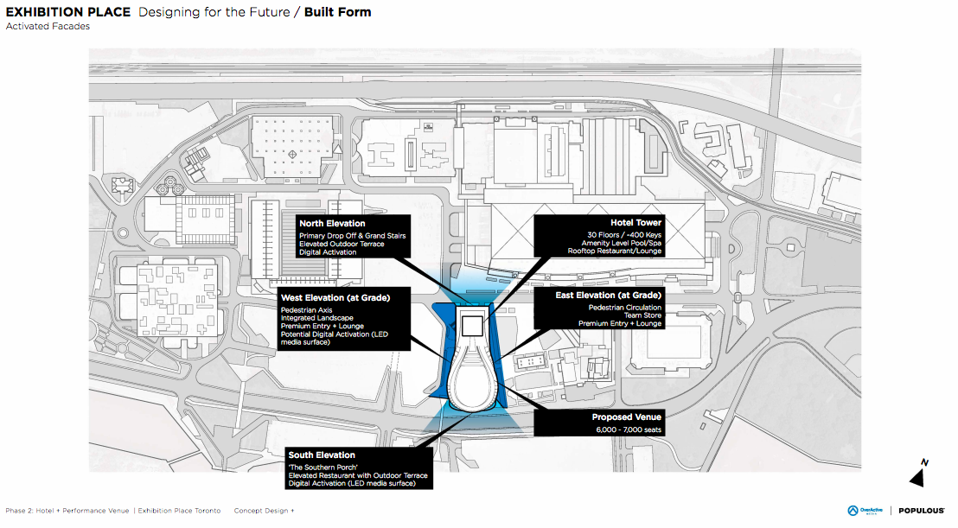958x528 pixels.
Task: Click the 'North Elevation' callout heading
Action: click(x=333, y=224)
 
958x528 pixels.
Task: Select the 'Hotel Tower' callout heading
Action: click(x=635, y=223)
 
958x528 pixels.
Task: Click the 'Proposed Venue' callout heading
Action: click(x=626, y=417)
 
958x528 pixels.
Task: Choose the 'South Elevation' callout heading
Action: click(x=323, y=455)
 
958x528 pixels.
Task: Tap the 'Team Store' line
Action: click(x=642, y=315)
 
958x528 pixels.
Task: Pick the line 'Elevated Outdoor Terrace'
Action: click(x=342, y=244)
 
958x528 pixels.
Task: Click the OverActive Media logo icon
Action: click(x=853, y=511)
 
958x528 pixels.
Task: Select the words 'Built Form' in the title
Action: click(x=337, y=12)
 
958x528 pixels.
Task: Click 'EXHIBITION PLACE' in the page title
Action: click(x=68, y=12)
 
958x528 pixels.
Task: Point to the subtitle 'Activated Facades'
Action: click(x=48, y=27)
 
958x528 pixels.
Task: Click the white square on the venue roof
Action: click(x=471, y=325)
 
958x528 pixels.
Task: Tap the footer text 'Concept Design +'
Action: click(x=264, y=511)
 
